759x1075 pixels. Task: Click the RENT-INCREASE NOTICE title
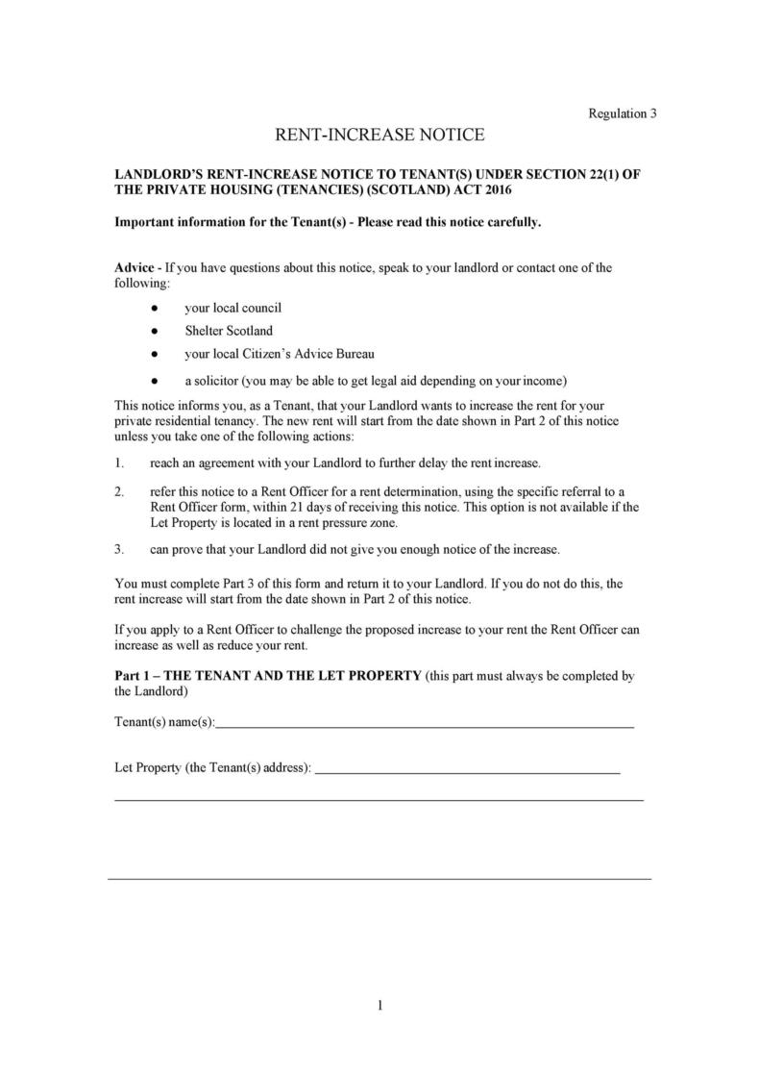click(x=379, y=135)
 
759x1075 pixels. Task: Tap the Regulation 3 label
click(x=622, y=113)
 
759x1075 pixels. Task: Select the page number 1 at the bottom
click(x=379, y=1006)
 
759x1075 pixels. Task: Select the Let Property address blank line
click(x=467, y=771)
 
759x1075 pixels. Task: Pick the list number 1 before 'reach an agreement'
click(x=119, y=463)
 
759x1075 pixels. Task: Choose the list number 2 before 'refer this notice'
click(x=119, y=491)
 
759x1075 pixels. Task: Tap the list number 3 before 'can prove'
click(x=119, y=550)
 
